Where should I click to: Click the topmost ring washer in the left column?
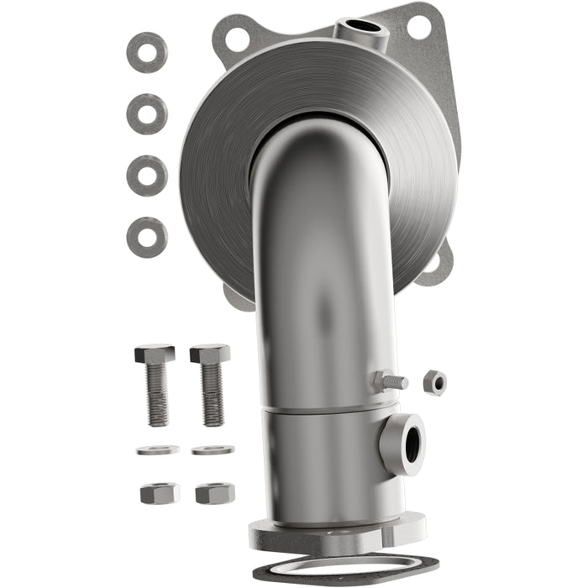[147, 52]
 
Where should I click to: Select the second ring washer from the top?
[147, 113]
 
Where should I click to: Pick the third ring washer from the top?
[147, 175]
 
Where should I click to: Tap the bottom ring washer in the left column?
[147, 237]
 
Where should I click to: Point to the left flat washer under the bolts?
[157, 450]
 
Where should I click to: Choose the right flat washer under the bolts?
[213, 450]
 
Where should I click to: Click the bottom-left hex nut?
[159, 493]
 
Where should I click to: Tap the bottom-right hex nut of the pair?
[215, 493]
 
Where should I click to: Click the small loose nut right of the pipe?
[434, 381]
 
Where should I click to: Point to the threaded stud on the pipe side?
[391, 381]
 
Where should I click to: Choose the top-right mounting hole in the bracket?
[418, 26]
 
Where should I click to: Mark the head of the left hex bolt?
[155, 354]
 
